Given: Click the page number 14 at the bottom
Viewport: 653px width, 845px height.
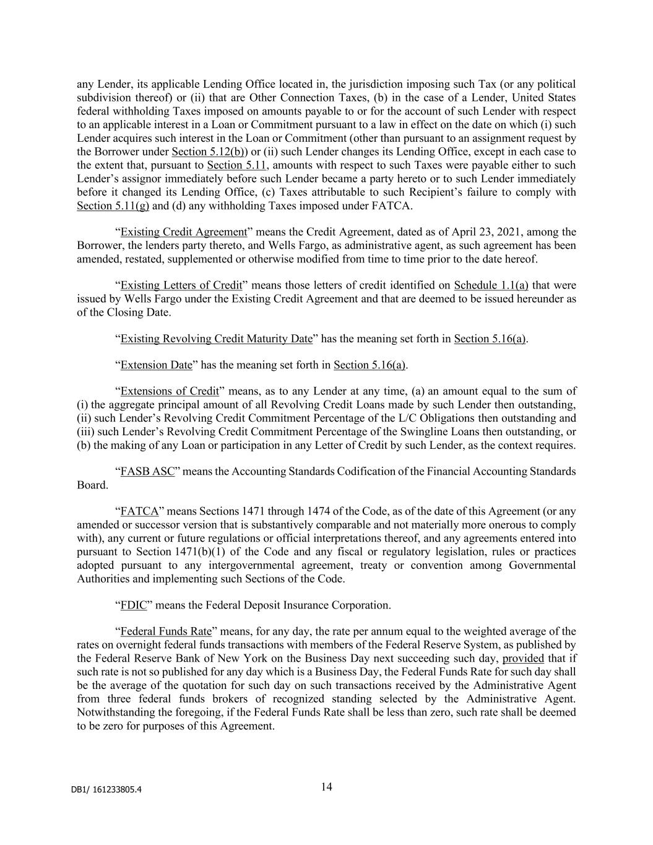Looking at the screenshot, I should [327, 787].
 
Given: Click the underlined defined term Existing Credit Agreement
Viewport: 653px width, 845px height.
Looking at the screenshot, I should [184, 232].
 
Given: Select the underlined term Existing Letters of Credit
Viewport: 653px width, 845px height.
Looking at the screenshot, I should [181, 285].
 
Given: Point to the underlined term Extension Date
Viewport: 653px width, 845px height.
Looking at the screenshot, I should [157, 365].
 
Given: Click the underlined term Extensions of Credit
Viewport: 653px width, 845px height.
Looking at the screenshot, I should [170, 391].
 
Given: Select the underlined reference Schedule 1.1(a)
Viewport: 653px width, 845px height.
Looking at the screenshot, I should [491, 285].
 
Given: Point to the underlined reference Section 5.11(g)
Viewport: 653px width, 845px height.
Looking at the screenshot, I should [113, 206].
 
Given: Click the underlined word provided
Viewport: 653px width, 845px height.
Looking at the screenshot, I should [523, 659].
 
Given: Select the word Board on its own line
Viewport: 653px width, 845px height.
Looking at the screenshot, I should [92, 485].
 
